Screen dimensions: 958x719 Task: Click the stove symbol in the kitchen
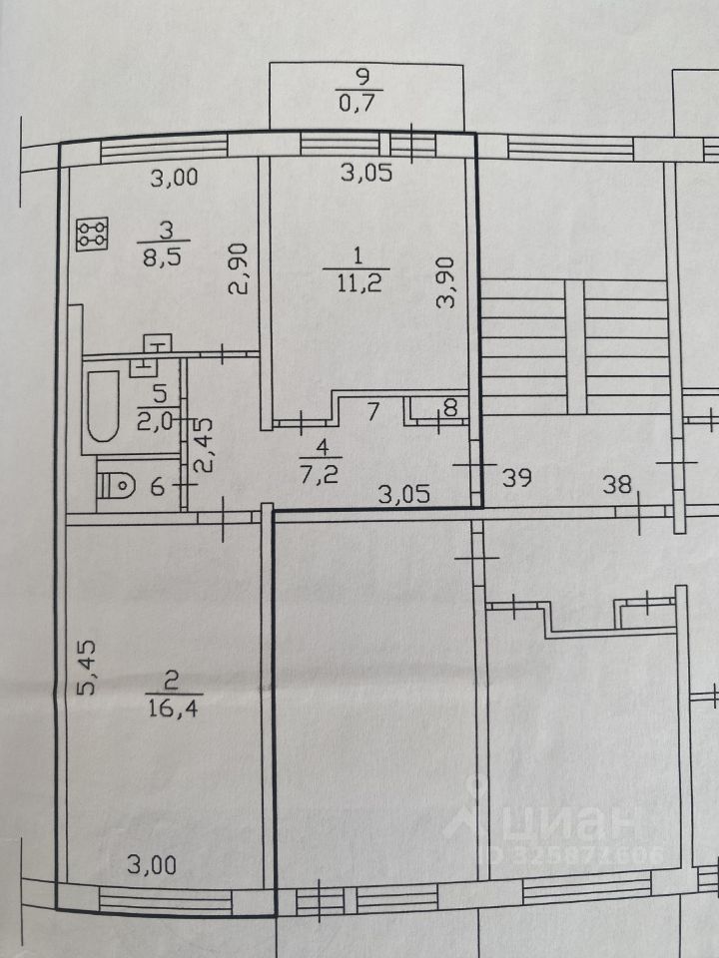tap(95, 235)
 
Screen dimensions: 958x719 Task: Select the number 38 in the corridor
tap(618, 486)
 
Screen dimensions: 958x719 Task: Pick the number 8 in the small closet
tap(449, 407)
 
